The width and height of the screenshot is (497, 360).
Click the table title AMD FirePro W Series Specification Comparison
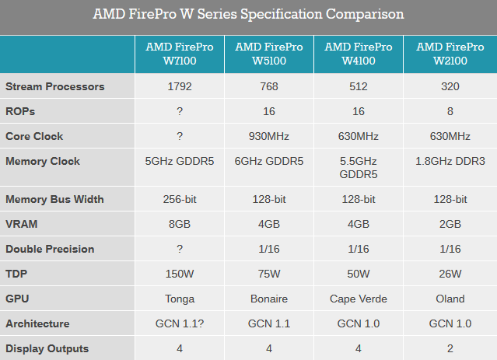coord(248,15)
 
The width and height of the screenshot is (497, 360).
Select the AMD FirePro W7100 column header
coord(180,54)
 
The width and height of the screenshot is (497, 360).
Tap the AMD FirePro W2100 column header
coord(450,54)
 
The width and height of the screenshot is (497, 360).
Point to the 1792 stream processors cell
coord(180,86)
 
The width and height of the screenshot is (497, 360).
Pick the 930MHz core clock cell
coord(269,136)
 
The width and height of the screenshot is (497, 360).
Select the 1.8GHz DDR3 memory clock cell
coord(450,162)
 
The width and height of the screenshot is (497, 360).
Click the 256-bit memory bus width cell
coord(180,199)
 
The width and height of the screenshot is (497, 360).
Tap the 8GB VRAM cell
coord(180,224)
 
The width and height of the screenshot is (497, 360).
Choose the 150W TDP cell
coord(180,274)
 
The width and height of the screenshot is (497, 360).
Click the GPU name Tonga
coord(180,299)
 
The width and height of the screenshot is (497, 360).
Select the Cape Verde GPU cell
coord(359,299)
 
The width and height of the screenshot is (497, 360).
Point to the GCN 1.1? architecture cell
coord(180,323)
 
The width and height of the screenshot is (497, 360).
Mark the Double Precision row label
coord(50,249)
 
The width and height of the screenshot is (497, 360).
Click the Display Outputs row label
coord(47,348)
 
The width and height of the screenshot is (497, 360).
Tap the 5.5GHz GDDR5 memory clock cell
coord(359,168)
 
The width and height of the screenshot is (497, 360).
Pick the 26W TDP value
coord(450,274)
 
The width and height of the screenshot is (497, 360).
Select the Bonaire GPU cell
coord(269,299)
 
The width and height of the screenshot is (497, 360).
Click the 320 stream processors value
coord(450,86)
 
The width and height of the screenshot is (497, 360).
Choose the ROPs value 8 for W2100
coord(450,111)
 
